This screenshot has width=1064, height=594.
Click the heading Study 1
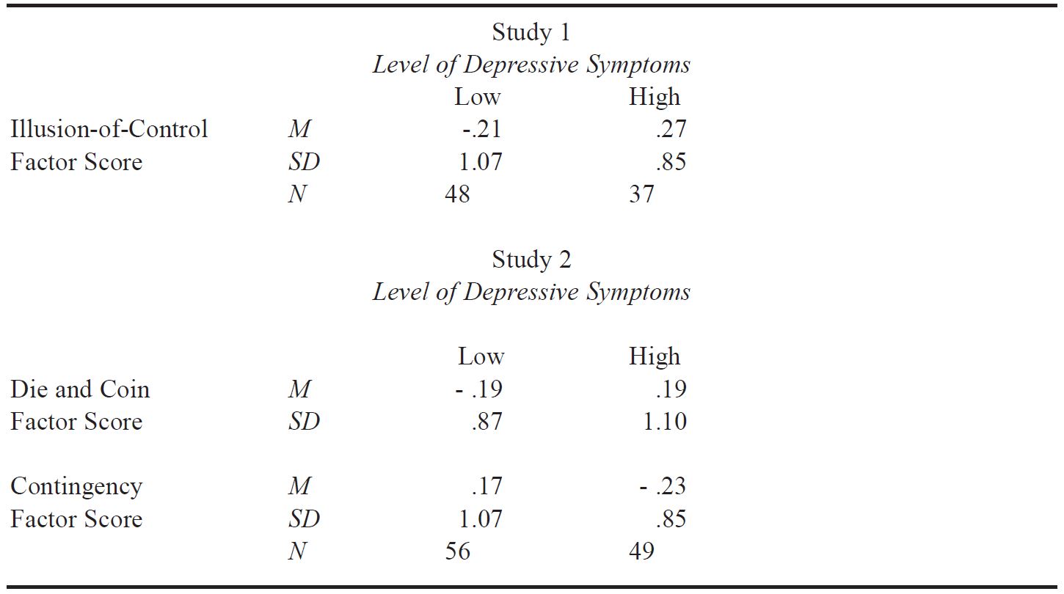tap(531, 32)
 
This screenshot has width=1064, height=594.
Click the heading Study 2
tap(531, 260)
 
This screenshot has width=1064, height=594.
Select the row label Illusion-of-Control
tap(109, 128)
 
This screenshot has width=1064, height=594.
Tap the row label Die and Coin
tap(80, 389)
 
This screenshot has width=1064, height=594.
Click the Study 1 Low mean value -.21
tap(481, 129)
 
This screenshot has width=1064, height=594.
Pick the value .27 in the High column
tap(671, 129)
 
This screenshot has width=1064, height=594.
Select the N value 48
tap(457, 194)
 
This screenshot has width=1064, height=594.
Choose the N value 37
tap(642, 194)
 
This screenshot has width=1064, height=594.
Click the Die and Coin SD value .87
tap(487, 422)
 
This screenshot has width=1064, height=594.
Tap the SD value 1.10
tap(665, 422)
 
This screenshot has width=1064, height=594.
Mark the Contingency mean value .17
tap(487, 486)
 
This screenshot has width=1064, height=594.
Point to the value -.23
tap(663, 486)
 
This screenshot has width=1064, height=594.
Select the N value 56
tap(457, 551)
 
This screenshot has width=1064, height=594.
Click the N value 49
tap(642, 551)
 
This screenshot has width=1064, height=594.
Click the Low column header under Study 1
tap(478, 97)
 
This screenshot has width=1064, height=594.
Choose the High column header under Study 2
tap(655, 356)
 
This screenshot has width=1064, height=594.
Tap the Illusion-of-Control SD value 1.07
tap(480, 162)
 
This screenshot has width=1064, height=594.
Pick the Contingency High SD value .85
tap(671, 519)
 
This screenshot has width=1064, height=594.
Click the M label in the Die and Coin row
tap(299, 389)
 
